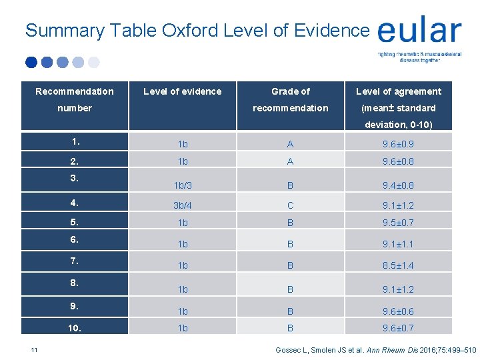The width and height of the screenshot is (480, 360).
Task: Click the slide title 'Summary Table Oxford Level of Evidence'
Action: (197, 30)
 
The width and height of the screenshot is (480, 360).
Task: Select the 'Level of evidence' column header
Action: (182, 91)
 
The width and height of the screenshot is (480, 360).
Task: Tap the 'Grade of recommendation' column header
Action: (290, 99)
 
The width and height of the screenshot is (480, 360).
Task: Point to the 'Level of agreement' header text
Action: (398, 91)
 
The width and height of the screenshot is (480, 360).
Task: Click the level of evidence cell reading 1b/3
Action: (182, 185)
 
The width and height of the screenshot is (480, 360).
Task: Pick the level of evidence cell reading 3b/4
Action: (182, 206)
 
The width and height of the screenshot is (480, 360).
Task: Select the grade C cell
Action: (290, 206)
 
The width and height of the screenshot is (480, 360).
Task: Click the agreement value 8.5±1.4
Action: (399, 265)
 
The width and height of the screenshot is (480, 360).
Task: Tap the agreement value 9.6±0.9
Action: (399, 144)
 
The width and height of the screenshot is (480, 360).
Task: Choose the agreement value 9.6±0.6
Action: (399, 311)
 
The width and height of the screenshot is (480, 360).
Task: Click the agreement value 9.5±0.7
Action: (399, 223)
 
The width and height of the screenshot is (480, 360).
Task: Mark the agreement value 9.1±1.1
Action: (399, 244)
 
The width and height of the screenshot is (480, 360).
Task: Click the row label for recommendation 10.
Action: (75, 328)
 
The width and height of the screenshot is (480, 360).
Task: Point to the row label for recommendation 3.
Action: (75, 177)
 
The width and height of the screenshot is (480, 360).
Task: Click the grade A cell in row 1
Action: (290, 144)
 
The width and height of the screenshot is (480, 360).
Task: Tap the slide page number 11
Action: (33, 349)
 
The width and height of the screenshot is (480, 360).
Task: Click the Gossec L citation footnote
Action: (375, 349)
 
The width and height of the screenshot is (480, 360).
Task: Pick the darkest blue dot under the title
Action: (31, 62)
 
